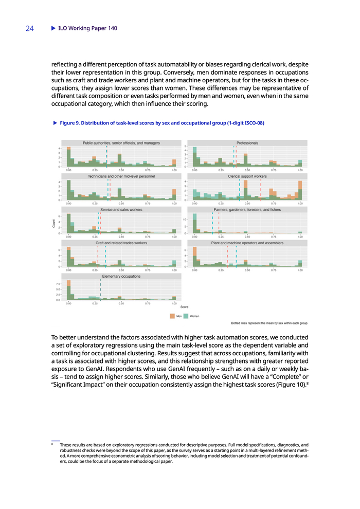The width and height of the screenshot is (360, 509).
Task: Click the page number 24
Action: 29,28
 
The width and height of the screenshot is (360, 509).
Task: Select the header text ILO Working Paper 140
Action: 88,28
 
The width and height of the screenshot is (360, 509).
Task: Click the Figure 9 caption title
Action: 162,123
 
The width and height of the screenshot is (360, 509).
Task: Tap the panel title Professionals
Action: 247,142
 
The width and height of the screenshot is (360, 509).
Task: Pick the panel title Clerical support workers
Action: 247,176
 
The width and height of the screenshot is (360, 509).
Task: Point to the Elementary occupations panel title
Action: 121,276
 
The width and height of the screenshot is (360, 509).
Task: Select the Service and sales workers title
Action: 121,209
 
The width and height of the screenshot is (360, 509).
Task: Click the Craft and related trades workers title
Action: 121,243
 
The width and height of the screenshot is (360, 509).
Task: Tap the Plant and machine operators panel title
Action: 247,243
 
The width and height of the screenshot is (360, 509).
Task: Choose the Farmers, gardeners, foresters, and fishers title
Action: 247,209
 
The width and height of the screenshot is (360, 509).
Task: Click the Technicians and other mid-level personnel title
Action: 121,176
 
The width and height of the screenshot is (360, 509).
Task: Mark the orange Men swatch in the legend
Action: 172,316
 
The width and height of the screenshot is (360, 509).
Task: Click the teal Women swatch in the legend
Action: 186,316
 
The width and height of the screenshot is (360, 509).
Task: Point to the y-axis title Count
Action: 53,224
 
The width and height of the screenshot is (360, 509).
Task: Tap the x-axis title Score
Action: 184,307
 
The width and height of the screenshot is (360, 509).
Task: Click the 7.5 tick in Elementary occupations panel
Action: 60,283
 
